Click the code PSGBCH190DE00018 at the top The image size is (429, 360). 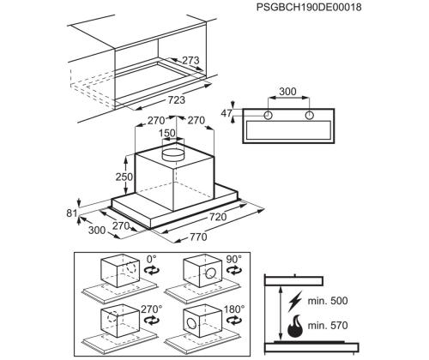point(309,7)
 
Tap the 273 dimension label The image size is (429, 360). point(190,60)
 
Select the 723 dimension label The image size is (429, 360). point(176,99)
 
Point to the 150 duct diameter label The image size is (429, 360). point(166,133)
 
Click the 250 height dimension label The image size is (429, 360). point(124,177)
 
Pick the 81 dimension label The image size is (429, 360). point(72,213)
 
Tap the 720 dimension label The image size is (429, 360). point(218,217)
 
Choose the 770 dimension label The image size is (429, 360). point(198,237)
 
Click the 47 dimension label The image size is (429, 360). point(227,113)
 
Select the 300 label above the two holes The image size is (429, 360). point(287,92)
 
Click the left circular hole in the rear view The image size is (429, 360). point(268,115)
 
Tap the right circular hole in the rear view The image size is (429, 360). point(310,115)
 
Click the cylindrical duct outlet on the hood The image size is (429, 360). point(172,154)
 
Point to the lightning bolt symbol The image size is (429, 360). point(295,302)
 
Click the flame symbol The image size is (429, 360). point(295,327)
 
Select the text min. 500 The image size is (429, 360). point(328,301)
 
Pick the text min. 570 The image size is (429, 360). point(328,325)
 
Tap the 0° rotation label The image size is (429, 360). point(152,259)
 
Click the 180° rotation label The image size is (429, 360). point(234,309)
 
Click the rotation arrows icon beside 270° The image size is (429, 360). point(152,321)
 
